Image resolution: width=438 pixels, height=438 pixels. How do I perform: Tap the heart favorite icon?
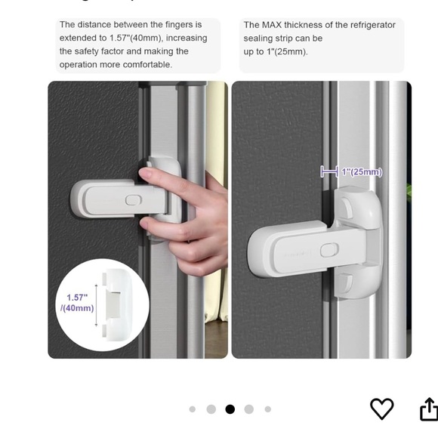click(381, 409)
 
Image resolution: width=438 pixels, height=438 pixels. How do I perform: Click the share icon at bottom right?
click(428, 409)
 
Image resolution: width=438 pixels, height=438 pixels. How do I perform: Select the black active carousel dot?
click(230, 409)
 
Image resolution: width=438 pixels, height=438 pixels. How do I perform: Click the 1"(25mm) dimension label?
click(362, 172)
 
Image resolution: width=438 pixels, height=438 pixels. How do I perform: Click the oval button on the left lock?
click(134, 199)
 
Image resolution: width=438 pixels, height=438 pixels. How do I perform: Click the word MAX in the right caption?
click(279, 25)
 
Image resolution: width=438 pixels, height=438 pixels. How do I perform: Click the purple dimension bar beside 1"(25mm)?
click(328, 172)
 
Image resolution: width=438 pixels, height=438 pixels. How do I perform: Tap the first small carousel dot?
click(192, 409)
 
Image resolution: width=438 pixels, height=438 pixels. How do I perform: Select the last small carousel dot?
click(267, 409)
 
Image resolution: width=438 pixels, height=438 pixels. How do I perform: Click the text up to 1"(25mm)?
click(276, 51)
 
